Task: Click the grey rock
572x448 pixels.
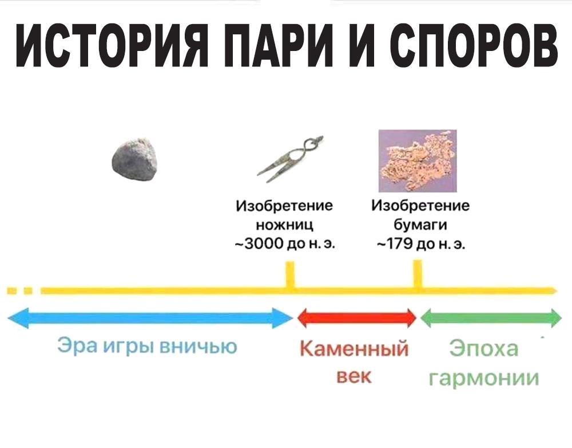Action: click(x=134, y=159)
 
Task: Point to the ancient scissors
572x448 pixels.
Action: click(x=290, y=159)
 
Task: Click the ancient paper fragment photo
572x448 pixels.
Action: click(x=418, y=161)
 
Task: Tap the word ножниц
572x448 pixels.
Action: click(x=284, y=225)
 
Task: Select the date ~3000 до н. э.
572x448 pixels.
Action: click(x=284, y=243)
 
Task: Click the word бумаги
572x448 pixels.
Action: click(x=420, y=225)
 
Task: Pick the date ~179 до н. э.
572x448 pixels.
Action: click(x=420, y=243)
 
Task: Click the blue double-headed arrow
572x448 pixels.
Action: click(x=150, y=318)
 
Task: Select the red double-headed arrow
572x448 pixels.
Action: click(x=357, y=317)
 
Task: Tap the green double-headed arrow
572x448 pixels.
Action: click(x=491, y=318)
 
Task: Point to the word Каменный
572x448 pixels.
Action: click(x=354, y=348)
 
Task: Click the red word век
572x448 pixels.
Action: click(x=354, y=376)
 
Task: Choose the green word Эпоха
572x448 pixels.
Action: click(x=483, y=348)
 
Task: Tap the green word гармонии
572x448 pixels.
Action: click(x=484, y=378)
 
